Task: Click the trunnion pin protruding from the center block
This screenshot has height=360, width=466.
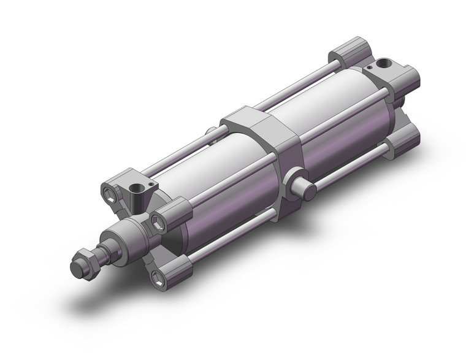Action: [305, 186]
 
